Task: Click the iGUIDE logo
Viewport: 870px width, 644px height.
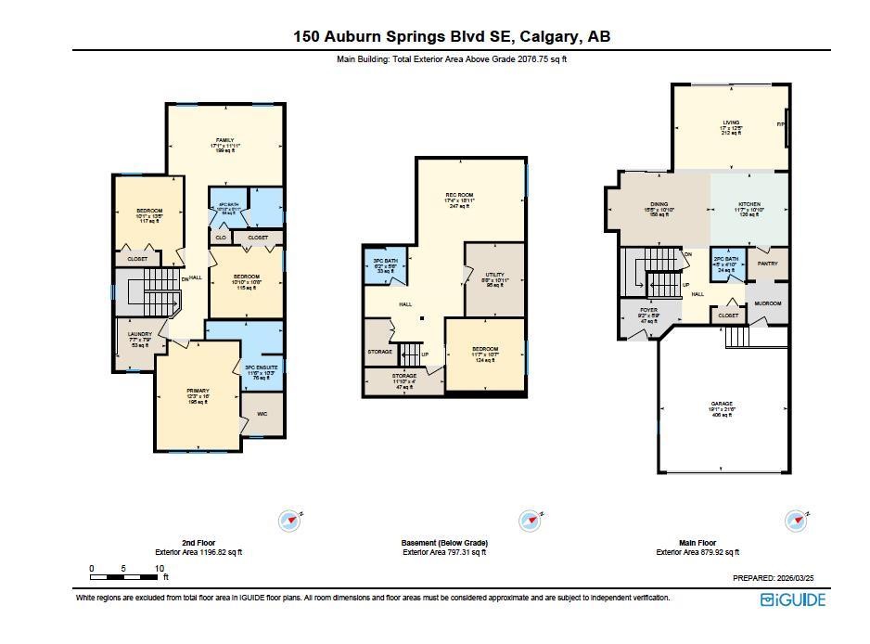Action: [792, 599]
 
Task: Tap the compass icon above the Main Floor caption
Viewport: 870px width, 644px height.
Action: [795, 520]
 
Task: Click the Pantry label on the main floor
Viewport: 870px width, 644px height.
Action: [767, 264]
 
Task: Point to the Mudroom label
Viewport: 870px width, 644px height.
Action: [767, 303]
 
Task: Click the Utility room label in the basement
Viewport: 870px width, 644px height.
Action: [494, 275]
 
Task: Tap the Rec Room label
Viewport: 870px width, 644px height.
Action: [460, 194]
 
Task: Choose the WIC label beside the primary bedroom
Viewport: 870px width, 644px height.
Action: [261, 413]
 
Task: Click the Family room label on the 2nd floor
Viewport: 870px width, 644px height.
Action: [224, 140]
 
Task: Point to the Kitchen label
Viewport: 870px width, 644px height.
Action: [749, 204]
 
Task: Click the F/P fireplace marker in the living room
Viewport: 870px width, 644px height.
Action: [781, 123]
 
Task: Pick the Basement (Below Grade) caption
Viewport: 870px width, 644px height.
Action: [444, 543]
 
